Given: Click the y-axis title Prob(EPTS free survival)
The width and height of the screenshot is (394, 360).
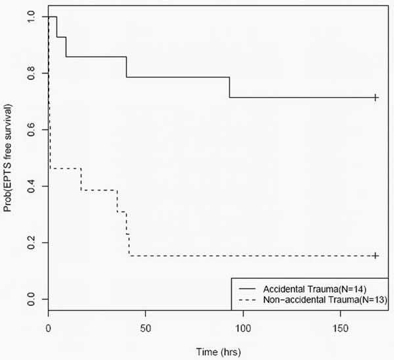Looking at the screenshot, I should tap(9, 158).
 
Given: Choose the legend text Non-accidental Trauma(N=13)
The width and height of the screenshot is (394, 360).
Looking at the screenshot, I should tap(324, 300).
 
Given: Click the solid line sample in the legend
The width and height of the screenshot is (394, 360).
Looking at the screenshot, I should tap(248, 288).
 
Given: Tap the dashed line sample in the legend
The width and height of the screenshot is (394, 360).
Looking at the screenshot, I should tap(248, 300).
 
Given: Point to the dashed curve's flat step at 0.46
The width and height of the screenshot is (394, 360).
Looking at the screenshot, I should tap(66, 169).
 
